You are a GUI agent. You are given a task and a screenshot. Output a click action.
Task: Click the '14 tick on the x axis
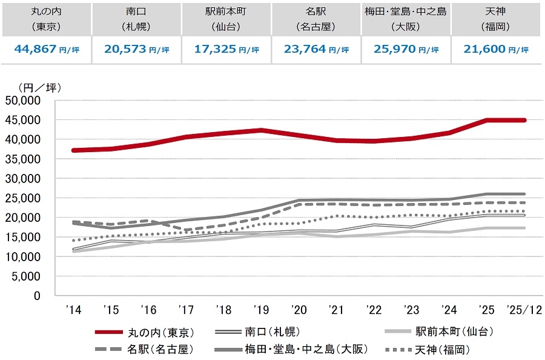click(x=73, y=310)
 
